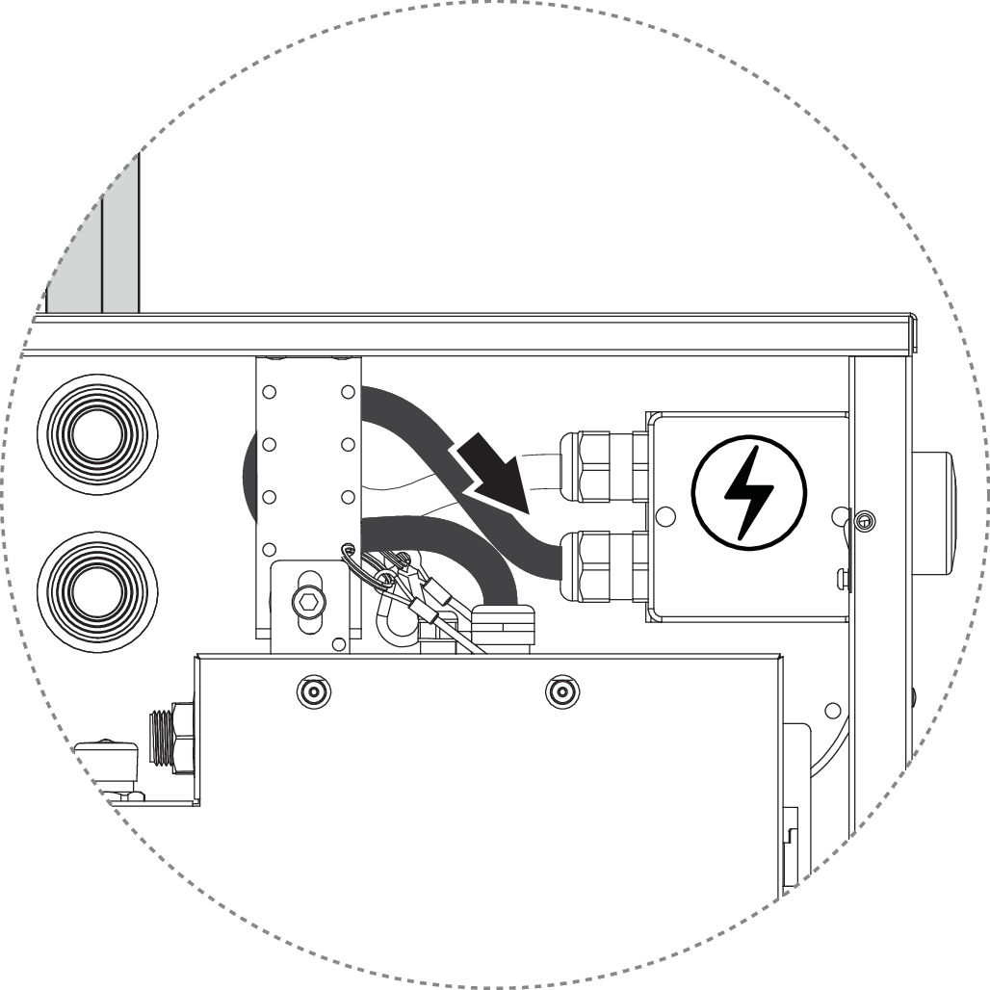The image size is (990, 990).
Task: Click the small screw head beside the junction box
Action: point(864,521)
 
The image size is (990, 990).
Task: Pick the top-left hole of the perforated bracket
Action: point(269,392)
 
